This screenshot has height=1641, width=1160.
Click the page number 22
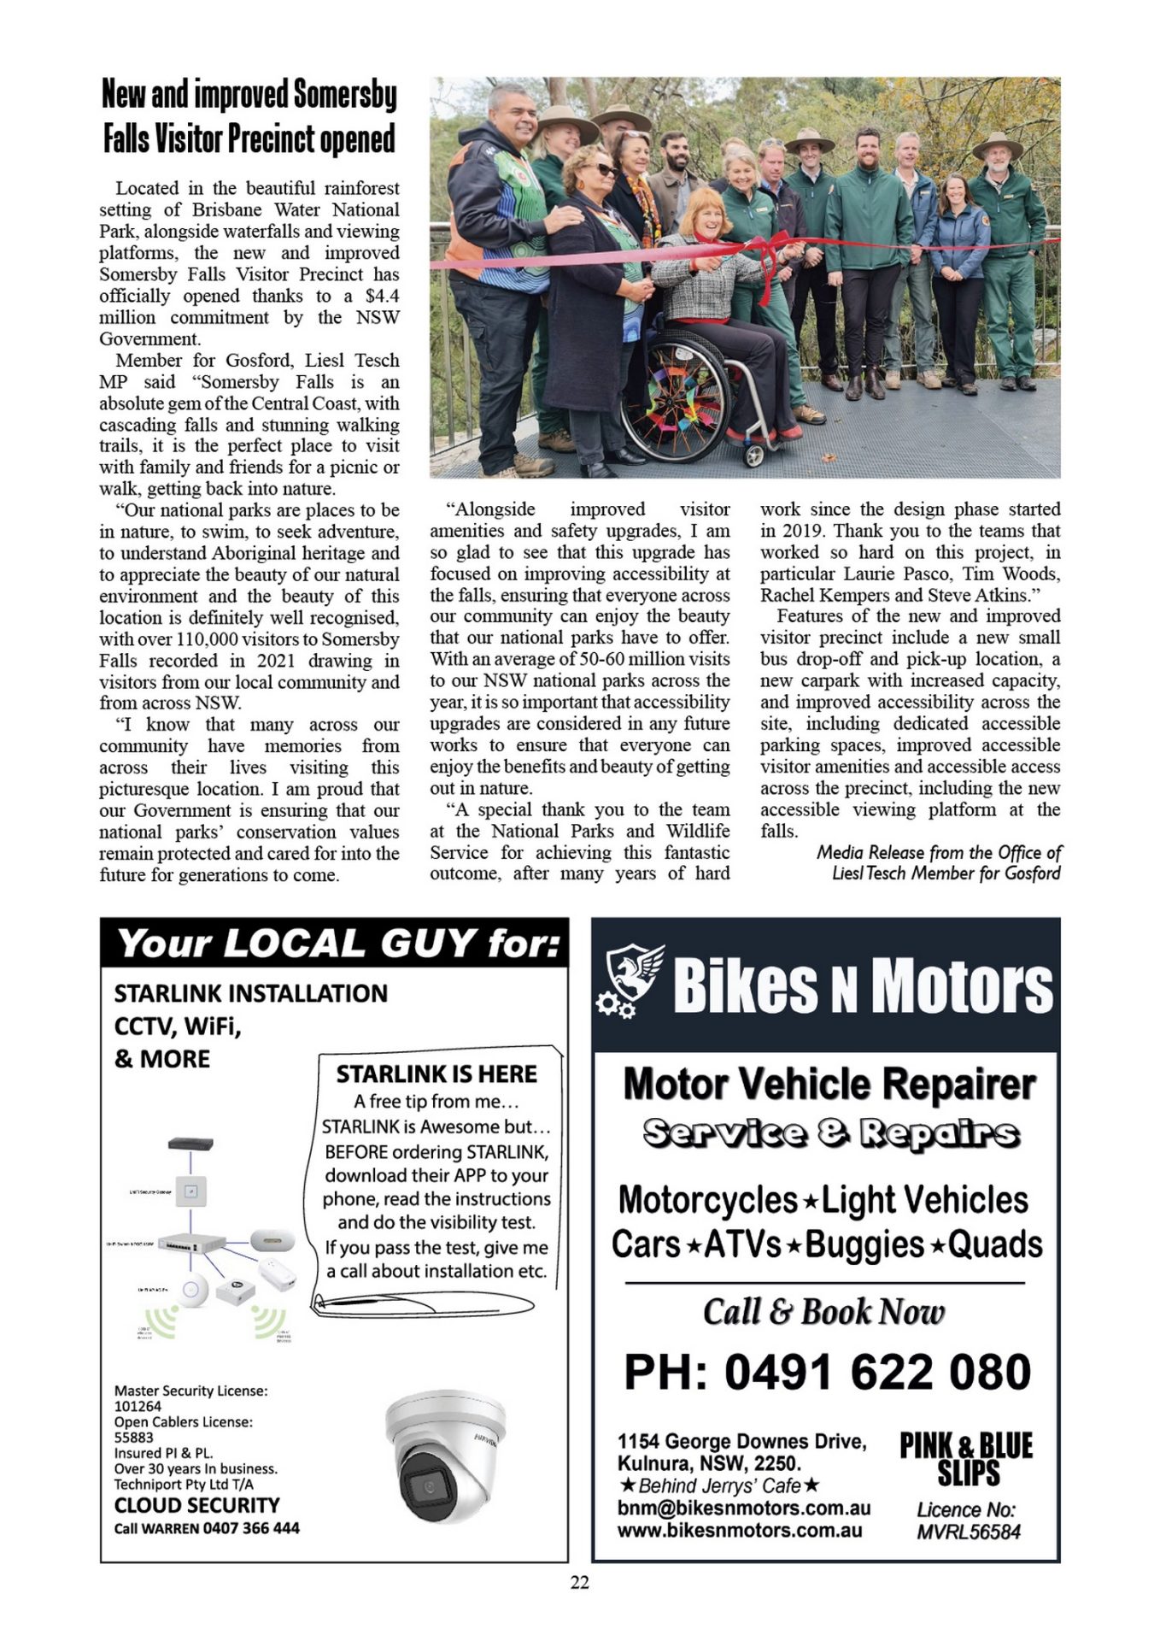pyautogui.click(x=579, y=1582)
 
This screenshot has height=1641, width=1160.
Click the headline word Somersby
pyautogui.click(x=344, y=94)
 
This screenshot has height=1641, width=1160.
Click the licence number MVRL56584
pyautogui.click(x=968, y=1532)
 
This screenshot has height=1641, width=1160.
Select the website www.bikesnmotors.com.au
pyautogui.click(x=740, y=1530)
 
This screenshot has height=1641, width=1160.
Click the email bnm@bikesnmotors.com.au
pyautogui.click(x=743, y=1508)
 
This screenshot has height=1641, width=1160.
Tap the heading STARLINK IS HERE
pyautogui.click(x=436, y=1073)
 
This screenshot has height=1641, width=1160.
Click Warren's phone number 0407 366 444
pyautogui.click(x=252, y=1527)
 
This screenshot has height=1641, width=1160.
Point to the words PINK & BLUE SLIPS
pyautogui.click(x=966, y=1459)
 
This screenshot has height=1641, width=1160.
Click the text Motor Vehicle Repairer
pyautogui.click(x=829, y=1084)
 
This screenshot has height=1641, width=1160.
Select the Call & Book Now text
pyautogui.click(x=823, y=1312)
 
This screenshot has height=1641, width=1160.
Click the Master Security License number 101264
pyautogui.click(x=138, y=1406)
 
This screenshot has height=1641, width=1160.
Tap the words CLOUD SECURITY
pyautogui.click(x=196, y=1505)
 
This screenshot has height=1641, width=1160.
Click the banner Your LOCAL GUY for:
pyautogui.click(x=338, y=944)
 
